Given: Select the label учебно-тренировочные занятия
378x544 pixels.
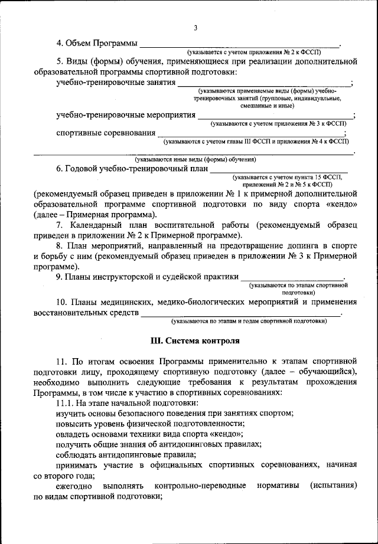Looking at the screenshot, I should click(x=116, y=83).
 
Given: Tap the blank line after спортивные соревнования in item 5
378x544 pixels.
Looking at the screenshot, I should click(x=254, y=134).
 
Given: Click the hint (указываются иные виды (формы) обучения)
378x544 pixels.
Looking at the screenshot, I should click(x=194, y=159).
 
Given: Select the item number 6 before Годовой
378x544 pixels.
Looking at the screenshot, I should click(x=60, y=169).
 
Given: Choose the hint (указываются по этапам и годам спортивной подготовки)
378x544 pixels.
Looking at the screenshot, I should click(x=249, y=321).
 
